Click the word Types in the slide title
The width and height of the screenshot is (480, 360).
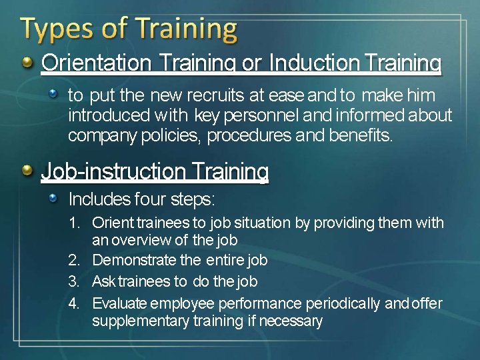[52, 30]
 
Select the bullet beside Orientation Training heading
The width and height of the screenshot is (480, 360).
[27, 63]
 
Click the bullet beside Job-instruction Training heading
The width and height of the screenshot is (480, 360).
[27, 171]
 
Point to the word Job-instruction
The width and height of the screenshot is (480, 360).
[106, 172]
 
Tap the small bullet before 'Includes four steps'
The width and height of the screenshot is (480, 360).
[58, 197]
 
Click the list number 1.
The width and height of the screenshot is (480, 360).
[74, 223]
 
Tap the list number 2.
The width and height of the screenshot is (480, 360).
[74, 260]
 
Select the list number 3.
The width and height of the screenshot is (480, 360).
[74, 281]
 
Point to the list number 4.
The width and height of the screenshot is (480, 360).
[74, 304]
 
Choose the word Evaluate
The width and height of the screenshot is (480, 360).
[119, 304]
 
